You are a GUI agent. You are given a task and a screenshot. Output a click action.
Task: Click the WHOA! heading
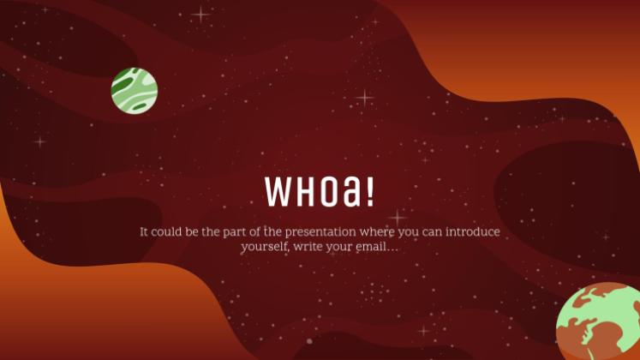320,191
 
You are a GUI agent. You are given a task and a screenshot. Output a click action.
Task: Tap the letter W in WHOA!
278,191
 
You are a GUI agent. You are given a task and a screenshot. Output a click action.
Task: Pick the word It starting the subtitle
144,232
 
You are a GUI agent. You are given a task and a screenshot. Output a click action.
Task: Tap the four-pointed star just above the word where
397,217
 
